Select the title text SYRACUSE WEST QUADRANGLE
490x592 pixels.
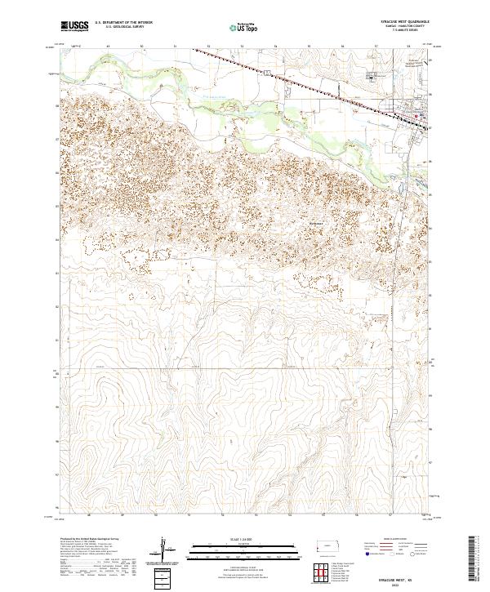[401, 22]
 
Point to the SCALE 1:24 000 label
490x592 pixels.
[233, 540]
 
